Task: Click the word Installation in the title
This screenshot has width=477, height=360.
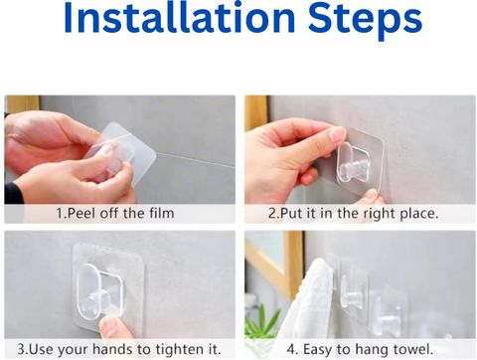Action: (x=179, y=18)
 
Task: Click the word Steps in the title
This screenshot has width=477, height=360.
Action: (x=365, y=21)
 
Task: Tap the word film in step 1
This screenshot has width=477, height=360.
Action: (x=161, y=213)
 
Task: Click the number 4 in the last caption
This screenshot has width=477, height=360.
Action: (x=291, y=350)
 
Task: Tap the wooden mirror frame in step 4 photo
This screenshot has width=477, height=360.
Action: (x=293, y=266)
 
